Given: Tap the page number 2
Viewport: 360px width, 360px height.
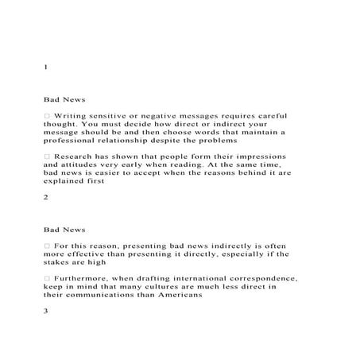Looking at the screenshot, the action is point(46,195).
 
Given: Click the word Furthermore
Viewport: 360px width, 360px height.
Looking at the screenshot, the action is point(87,278).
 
